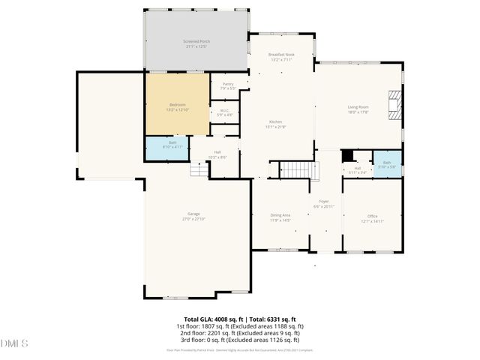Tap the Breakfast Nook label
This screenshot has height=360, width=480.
click(x=282, y=57)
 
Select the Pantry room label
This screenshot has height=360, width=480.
click(x=228, y=85)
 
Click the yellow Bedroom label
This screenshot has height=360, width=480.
click(x=177, y=106)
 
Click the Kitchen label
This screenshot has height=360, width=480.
click(x=276, y=124)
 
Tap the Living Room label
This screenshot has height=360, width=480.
click(x=358, y=109)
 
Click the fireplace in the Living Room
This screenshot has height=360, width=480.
click(x=395, y=105)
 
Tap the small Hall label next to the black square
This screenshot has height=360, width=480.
click(x=358, y=170)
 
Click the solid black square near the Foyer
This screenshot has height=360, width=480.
click(x=347, y=156)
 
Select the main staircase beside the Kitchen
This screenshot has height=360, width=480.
click(x=295, y=170)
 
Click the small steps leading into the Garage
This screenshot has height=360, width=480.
click(x=198, y=171)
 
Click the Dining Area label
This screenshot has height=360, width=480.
click(x=280, y=217)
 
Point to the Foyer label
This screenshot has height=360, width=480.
click(x=324, y=203)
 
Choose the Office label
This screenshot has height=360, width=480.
click(x=373, y=219)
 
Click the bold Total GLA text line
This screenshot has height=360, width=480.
click(x=240, y=319)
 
